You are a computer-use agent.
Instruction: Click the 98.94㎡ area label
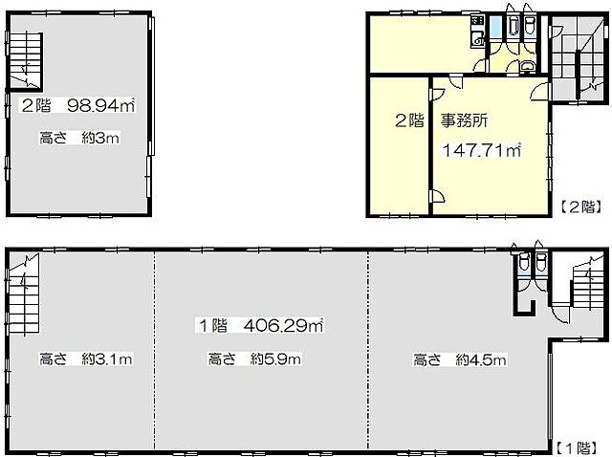click(101, 105)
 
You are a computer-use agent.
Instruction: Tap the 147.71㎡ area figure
click(482, 150)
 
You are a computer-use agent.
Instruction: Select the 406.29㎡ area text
click(283, 325)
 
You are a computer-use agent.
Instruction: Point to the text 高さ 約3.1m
click(86, 359)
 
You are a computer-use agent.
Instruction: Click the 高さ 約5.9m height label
click(254, 359)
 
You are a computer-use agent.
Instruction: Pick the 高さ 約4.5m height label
click(460, 359)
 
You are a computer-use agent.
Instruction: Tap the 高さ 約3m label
click(79, 138)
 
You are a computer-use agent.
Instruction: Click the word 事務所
click(465, 120)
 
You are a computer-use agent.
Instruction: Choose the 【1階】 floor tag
click(576, 447)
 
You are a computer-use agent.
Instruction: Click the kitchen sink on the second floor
click(477, 39)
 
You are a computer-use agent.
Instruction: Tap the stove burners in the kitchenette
click(477, 21)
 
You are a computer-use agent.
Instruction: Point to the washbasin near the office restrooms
click(528, 66)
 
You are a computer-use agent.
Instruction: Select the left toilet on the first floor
click(524, 261)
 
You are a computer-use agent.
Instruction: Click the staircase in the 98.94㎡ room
click(24, 61)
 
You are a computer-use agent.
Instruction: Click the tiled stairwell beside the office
click(578, 57)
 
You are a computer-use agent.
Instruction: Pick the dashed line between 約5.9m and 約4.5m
click(368, 351)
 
